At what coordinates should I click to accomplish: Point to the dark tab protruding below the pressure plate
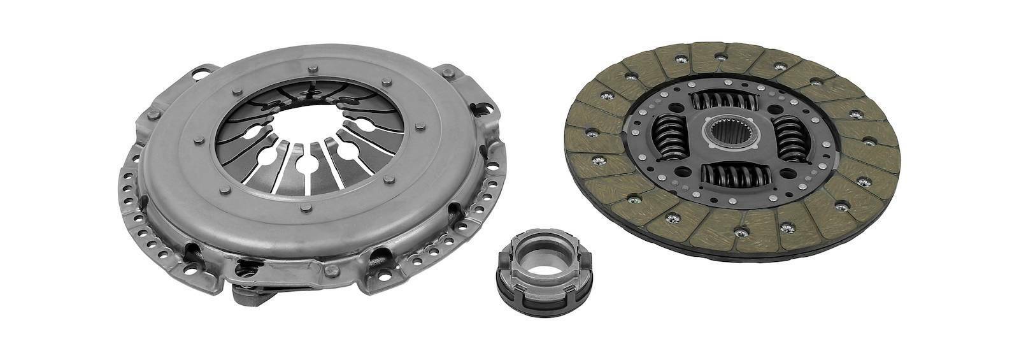(255, 295)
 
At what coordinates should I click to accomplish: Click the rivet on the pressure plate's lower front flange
(329, 270)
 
